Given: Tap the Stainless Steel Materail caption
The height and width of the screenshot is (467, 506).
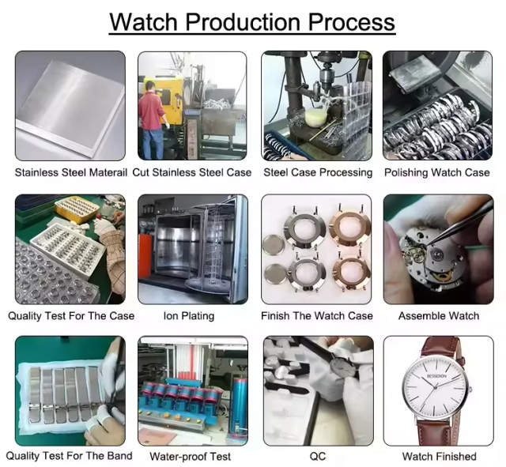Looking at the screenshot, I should tap(70, 172).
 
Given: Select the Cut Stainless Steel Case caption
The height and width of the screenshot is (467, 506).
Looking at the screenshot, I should tap(192, 172).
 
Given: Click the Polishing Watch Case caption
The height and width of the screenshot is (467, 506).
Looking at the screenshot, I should tap(437, 172).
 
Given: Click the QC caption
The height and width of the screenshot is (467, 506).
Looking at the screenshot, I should tap(317, 456).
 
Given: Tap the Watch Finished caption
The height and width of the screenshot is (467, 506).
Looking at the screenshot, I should tap(439, 456).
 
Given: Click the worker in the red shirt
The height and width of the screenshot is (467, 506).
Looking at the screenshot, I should tap(153, 111).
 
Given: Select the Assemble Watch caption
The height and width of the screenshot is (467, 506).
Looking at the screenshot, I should tap(439, 315).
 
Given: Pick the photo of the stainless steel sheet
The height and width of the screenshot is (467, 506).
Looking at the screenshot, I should tap(70, 105).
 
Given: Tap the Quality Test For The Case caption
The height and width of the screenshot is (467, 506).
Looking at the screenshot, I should tap(71, 315).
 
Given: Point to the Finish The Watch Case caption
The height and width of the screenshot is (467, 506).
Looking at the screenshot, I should tap(317, 315).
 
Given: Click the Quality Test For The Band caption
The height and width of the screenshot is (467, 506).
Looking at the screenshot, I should tap(70, 456).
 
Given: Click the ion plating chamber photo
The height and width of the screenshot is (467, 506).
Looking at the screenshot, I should tap(193, 249).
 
